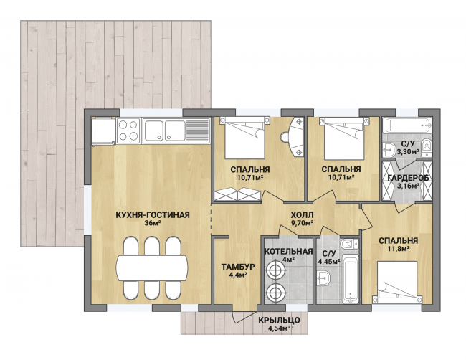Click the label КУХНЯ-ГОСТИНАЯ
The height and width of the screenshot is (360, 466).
click(x=153, y=215)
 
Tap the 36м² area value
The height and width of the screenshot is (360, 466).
click(x=153, y=223)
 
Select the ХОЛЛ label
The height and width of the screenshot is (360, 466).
click(x=302, y=215)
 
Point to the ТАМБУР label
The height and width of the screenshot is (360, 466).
click(x=238, y=267)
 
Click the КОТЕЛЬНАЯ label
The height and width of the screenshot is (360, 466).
click(x=289, y=252)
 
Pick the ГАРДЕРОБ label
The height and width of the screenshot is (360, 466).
click(x=409, y=178)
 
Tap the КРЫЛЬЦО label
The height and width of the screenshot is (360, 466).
click(x=279, y=320)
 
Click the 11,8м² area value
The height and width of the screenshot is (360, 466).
click(x=398, y=249)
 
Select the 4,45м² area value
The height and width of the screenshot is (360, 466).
click(x=329, y=262)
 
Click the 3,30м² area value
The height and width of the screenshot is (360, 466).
click(x=408, y=152)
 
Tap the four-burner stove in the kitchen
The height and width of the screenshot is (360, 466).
click(x=128, y=131)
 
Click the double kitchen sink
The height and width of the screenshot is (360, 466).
click(x=176, y=131)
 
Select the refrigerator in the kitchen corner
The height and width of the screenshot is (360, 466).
click(x=103, y=131)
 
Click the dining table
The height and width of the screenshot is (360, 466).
click(x=152, y=267)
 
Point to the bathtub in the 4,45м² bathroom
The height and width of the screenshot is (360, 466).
click(x=351, y=278)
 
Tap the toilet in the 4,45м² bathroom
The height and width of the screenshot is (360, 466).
click(x=350, y=244)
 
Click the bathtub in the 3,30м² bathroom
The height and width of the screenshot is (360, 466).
click(x=407, y=125)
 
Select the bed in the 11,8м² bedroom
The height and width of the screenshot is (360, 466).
click(x=397, y=283)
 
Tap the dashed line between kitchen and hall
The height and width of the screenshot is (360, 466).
click(x=211, y=219)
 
